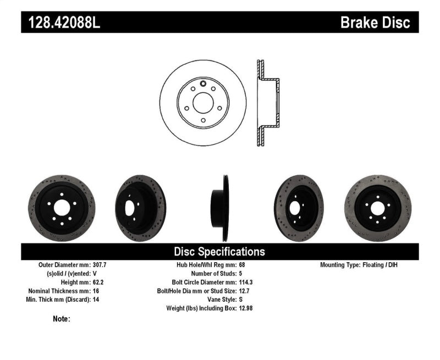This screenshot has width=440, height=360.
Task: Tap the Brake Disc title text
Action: [x=375, y=23]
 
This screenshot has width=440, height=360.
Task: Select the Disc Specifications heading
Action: [x=219, y=252]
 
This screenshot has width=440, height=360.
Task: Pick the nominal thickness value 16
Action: [x=97, y=291]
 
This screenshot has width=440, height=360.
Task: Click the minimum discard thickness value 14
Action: [x=97, y=300]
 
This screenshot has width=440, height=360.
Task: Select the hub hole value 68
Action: [x=243, y=265]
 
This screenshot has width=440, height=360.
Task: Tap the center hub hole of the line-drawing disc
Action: [x=203, y=103]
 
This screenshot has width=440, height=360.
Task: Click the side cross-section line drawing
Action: [x=267, y=103]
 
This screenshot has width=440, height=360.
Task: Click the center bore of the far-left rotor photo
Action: [x=62, y=208]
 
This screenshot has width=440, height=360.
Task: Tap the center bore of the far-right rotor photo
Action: [x=377, y=208]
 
